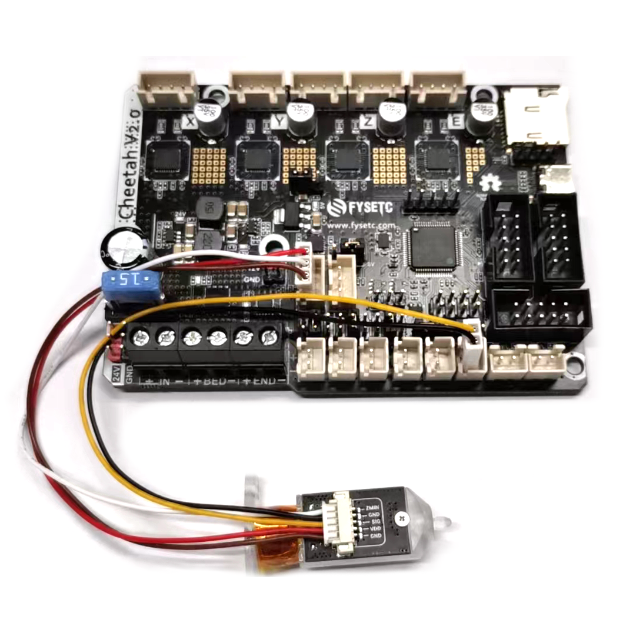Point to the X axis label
190,122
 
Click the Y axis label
280,122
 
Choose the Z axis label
369,122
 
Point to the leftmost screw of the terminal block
141,338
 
